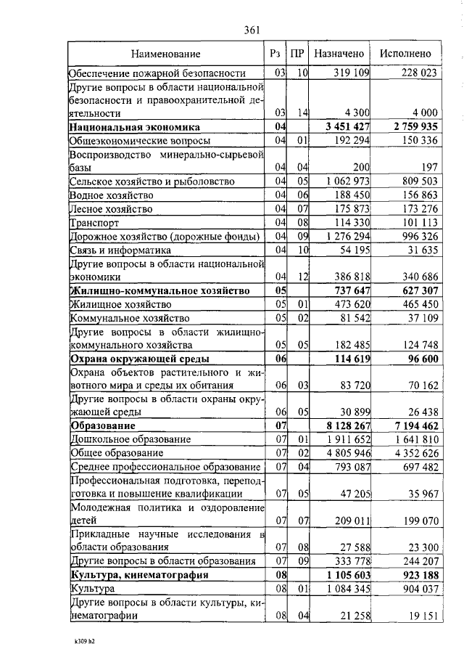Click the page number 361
point(252,30)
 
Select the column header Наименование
point(166,54)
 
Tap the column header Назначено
point(339,54)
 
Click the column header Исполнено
point(405,54)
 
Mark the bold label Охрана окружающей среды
point(139,359)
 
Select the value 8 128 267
point(344,425)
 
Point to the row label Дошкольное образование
point(130,438)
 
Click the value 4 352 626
point(411,452)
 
